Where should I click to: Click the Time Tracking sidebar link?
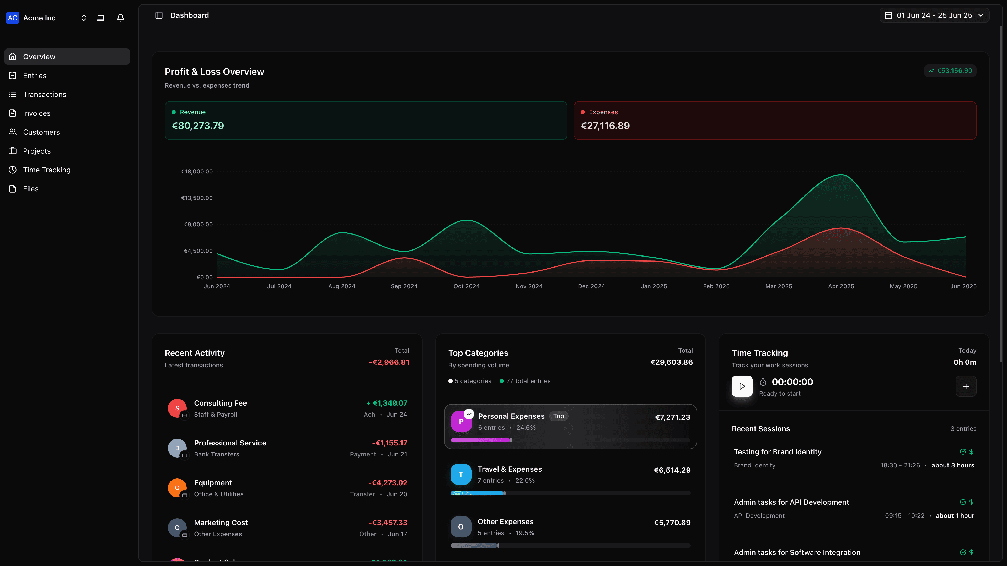(46, 170)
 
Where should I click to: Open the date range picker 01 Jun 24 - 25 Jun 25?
(934, 15)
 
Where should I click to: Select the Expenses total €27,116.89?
(605, 126)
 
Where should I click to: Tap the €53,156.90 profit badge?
(950, 71)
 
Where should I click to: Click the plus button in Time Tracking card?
(966, 386)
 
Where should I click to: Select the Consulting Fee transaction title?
(220, 403)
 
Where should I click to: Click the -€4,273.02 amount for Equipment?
(387, 483)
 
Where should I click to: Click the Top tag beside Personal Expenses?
(558, 416)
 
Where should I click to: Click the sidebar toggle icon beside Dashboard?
(159, 15)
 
